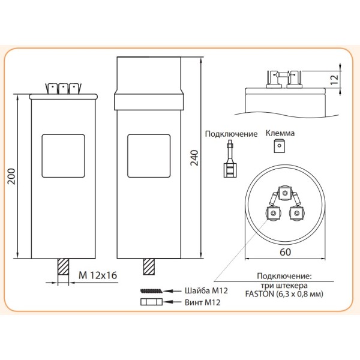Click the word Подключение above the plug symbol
click(x=231, y=134)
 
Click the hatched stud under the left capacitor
click(x=62, y=266)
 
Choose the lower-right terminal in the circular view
click(x=294, y=213)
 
